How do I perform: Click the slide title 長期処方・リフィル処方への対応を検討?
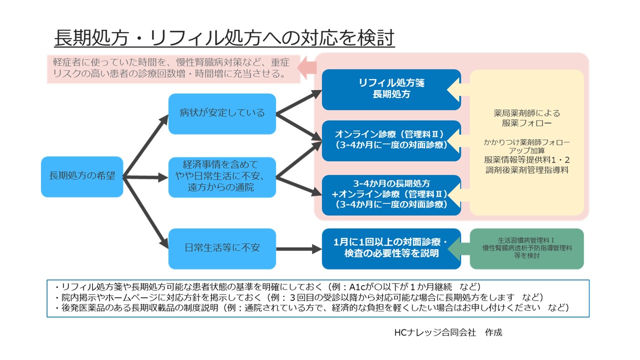[224, 37]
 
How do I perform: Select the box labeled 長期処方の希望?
[82, 176]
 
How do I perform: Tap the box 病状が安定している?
[222, 113]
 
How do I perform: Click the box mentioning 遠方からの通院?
[222, 177]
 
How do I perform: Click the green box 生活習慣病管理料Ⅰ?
[527, 248]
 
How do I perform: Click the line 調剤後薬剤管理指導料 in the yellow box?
[527, 170]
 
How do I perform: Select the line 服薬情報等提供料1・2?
[527, 160]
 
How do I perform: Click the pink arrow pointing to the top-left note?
[306, 68]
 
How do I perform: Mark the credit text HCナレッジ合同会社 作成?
[447, 332]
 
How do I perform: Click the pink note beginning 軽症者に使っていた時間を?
[173, 68]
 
